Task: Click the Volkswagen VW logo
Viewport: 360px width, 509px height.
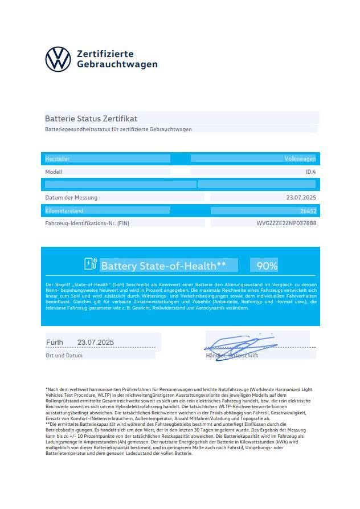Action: pyautogui.click(x=58, y=59)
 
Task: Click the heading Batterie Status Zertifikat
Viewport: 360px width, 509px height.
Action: pyautogui.click(x=91, y=119)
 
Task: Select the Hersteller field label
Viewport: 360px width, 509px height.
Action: pyautogui.click(x=58, y=159)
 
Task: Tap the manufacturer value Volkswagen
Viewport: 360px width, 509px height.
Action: pyautogui.click(x=300, y=159)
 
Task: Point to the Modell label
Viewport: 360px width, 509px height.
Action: pyautogui.click(x=54, y=172)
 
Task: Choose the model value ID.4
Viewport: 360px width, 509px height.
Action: pyautogui.click(x=310, y=172)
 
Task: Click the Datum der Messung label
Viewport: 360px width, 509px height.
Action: pyautogui.click(x=71, y=198)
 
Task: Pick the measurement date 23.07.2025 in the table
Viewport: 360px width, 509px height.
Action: pyautogui.click(x=301, y=198)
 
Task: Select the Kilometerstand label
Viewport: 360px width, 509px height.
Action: pyautogui.click(x=64, y=211)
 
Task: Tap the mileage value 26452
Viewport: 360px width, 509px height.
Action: pyautogui.click(x=308, y=211)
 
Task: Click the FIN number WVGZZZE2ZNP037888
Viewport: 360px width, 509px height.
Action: pyautogui.click(x=287, y=223)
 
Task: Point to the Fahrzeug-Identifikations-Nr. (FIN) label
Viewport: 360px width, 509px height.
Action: pyautogui.click(x=87, y=223)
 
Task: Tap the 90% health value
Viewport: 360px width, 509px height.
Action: pyautogui.click(x=267, y=266)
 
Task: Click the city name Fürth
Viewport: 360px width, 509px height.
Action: pyautogui.click(x=55, y=342)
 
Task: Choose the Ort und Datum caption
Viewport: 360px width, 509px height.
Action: pyautogui.click(x=64, y=355)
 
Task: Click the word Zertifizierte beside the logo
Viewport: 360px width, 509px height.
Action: pyautogui.click(x=105, y=54)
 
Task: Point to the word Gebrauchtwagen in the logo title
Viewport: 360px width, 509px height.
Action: pyautogui.click(x=117, y=64)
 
